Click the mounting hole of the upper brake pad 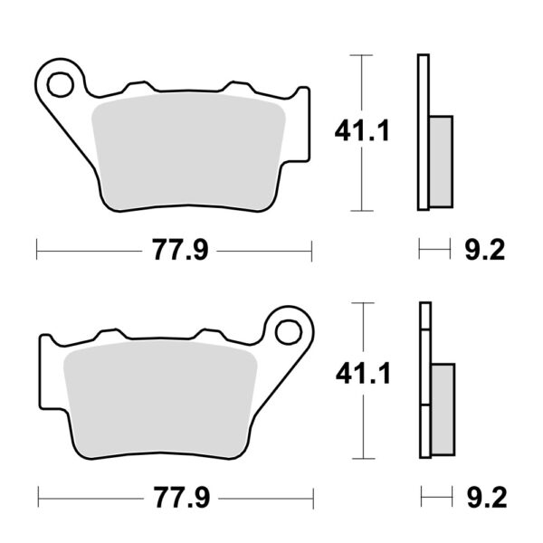click(x=61, y=84)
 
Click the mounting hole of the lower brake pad click(x=289, y=332)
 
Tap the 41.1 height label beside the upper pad click(x=362, y=130)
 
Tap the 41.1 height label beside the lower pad click(x=363, y=373)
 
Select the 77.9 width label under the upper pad click(x=180, y=250)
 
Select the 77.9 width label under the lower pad click(x=182, y=498)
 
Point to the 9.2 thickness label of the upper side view click(x=485, y=250)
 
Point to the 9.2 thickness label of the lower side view click(x=487, y=498)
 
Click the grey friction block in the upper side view click(x=441, y=162)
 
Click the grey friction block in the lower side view click(x=443, y=410)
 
